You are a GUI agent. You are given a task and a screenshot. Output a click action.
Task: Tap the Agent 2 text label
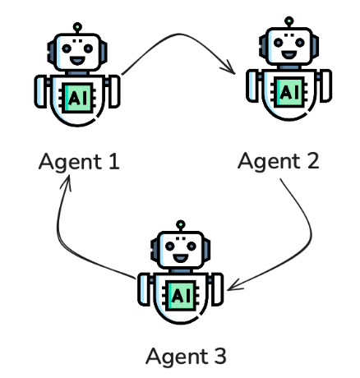tap(278, 159)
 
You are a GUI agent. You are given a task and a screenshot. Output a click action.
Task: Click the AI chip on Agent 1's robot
tap(79, 95)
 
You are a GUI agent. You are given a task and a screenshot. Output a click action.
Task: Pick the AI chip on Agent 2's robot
tap(289, 91)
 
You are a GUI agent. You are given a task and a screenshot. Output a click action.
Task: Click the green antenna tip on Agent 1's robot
tap(76, 25)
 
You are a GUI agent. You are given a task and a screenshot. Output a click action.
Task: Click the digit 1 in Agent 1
tap(113, 160)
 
